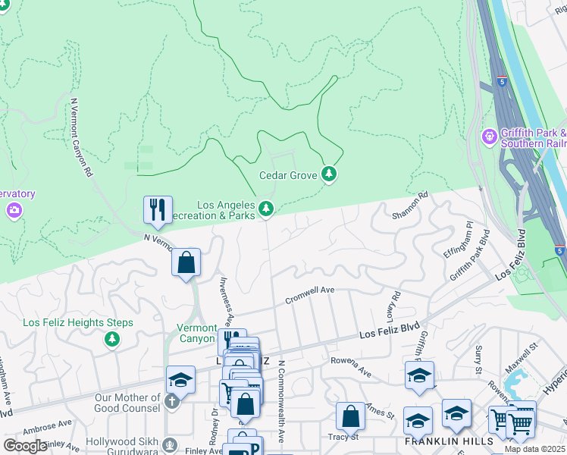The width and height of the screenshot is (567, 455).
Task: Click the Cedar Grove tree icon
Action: click(x=328, y=175)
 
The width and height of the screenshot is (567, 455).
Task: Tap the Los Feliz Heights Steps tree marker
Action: click(x=112, y=338)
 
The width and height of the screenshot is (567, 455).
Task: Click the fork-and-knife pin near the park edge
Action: click(x=158, y=210)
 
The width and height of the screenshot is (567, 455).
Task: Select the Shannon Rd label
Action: click(x=410, y=206)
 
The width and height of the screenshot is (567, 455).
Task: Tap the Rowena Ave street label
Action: click(x=351, y=372)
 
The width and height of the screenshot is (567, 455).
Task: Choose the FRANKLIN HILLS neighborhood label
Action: click(x=448, y=441)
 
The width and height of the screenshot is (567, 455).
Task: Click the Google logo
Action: click(x=25, y=446)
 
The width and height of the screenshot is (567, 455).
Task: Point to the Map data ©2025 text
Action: click(x=534, y=449)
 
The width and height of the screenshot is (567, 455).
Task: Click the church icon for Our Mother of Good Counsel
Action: click(x=172, y=400)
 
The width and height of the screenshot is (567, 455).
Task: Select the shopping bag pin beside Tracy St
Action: click(x=350, y=416)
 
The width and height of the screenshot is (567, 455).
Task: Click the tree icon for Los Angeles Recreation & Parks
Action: click(x=265, y=208)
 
